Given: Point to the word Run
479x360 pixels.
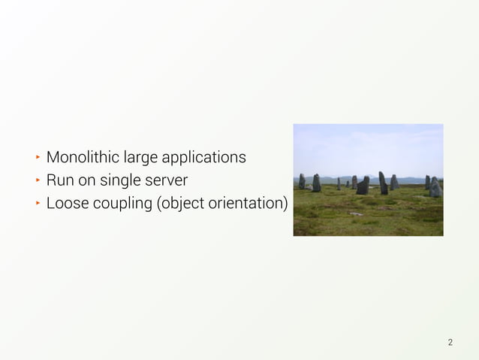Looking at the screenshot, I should click(x=59, y=181).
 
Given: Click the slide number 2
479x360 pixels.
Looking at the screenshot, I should click(x=450, y=343).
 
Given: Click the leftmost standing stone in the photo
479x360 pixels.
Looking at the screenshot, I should click(x=302, y=181).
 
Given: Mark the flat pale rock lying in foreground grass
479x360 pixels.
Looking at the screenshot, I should click(x=357, y=213).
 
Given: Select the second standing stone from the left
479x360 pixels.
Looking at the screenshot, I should click(x=316, y=183).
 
